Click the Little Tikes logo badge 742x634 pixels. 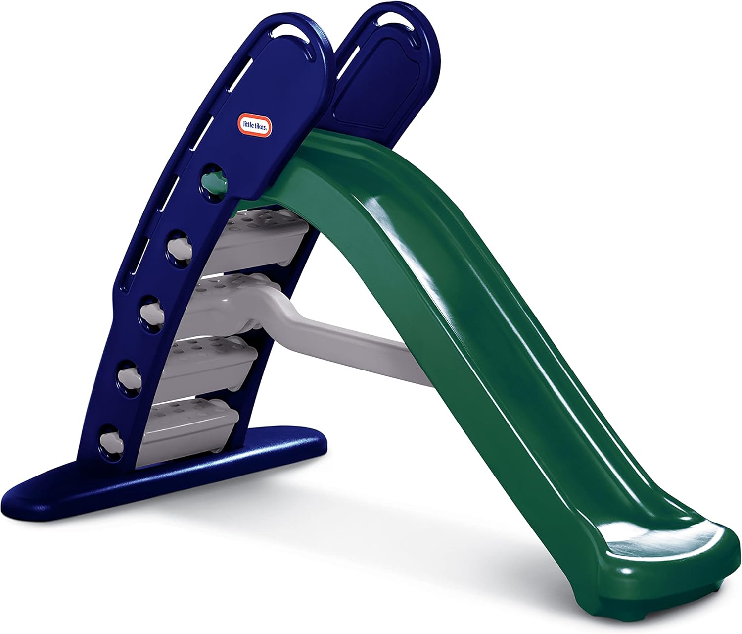click(256, 126)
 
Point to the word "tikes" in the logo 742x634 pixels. click(262, 128)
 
